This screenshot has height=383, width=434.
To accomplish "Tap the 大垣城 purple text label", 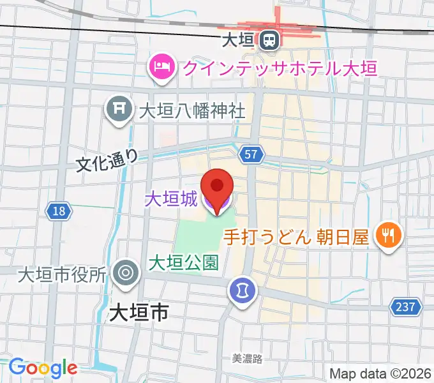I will tap(170, 200).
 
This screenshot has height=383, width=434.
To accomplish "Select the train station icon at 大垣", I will tap(269, 41).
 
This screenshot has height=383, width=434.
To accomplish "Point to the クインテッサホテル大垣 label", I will tap(278, 67).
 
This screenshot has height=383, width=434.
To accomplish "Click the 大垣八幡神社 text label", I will tap(191, 110).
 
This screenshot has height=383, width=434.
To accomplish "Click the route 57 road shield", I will tap(250, 154).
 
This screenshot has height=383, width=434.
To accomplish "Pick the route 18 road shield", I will tap(58, 211).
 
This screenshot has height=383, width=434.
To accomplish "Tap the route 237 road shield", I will tap(405, 307).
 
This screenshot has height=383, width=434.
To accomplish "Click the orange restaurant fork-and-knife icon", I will tap(387, 236).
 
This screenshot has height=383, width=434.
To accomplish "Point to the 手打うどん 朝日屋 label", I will tap(296, 237).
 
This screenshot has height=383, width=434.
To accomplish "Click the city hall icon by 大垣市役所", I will tap(125, 273).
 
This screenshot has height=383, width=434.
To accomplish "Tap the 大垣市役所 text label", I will tap(62, 275).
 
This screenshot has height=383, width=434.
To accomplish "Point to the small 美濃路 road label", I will tap(247, 359).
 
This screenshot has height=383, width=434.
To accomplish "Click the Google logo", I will tap(43, 368).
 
